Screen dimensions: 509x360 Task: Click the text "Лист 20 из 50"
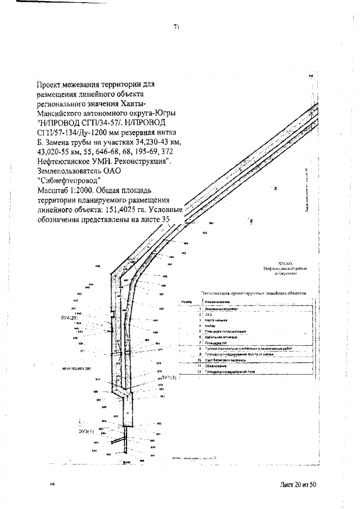pos(298,484)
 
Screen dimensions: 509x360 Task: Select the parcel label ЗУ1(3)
pos(169,378)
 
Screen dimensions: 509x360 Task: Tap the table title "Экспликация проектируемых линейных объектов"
pos(253,293)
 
